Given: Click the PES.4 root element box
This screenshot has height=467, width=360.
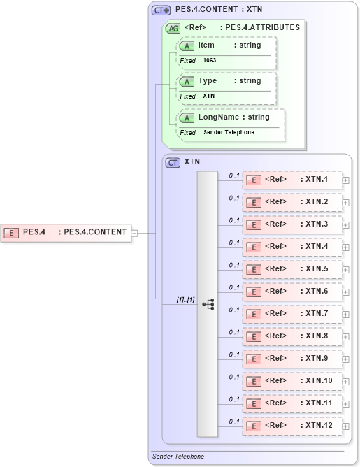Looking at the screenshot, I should pyautogui.click(x=66, y=232).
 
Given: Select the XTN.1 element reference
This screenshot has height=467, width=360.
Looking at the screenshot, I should pyautogui.click(x=292, y=180).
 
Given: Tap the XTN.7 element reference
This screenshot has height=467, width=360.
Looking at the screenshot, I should pyautogui.click(x=292, y=314).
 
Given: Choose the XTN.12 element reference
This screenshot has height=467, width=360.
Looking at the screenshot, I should pyautogui.click(x=292, y=426).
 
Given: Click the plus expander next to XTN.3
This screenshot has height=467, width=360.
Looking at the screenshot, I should pyautogui.click(x=346, y=224).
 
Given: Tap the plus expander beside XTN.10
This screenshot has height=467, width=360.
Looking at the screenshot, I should pyautogui.click(x=346, y=381).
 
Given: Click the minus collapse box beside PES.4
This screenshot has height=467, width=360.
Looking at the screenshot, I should pyautogui.click(x=135, y=233).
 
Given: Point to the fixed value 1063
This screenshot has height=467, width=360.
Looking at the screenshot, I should pyautogui.click(x=210, y=61).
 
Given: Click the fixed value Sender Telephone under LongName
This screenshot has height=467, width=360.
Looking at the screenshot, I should pyautogui.click(x=229, y=133).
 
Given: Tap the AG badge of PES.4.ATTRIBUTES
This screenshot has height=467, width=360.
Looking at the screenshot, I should pyautogui.click(x=173, y=29).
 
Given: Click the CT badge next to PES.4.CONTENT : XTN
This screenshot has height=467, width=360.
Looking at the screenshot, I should pyautogui.click(x=161, y=11).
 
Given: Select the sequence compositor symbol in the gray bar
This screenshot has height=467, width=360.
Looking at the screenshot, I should pyautogui.click(x=208, y=304).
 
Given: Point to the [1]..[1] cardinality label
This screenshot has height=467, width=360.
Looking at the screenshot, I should pyautogui.click(x=185, y=299).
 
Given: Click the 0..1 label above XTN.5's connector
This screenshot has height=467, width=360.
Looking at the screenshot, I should pyautogui.click(x=234, y=265).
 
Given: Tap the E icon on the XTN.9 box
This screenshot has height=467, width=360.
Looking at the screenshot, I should pyautogui.click(x=255, y=359).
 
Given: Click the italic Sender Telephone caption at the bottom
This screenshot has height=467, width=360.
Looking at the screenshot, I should pyautogui.click(x=178, y=457).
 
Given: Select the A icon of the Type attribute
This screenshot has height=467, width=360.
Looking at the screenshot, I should pyautogui.click(x=187, y=82).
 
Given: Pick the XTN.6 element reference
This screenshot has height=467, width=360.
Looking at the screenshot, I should pyautogui.click(x=292, y=292).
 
